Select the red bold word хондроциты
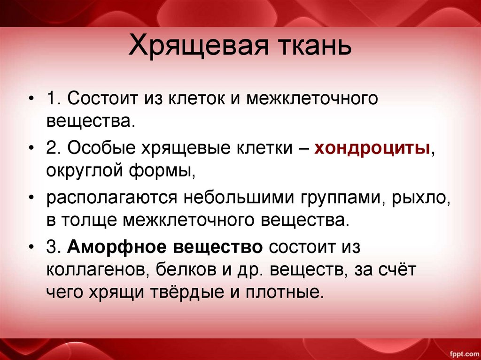372,149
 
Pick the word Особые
98,149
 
